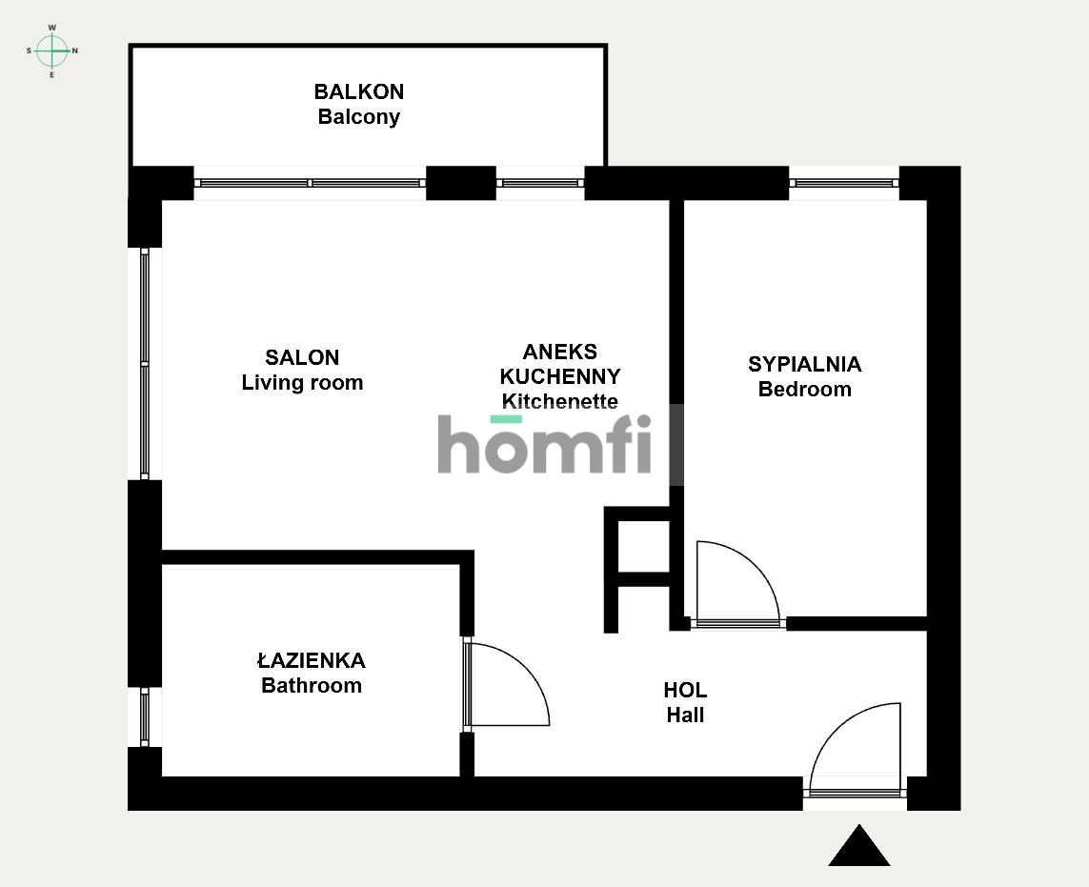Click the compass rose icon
click(x=51, y=50)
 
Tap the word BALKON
click(x=359, y=92)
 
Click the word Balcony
click(x=359, y=117)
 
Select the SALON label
click(x=302, y=358)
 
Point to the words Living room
click(x=302, y=383)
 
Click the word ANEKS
click(x=560, y=352)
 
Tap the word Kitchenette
click(x=560, y=401)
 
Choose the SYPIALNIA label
click(x=804, y=364)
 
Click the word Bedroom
click(x=804, y=389)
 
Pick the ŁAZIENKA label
click(x=312, y=660)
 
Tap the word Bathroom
click(x=312, y=685)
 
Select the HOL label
click(x=685, y=691)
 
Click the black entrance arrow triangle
click(x=859, y=847)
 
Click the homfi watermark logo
click(x=546, y=445)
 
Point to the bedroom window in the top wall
click(x=843, y=182)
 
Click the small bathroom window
click(x=145, y=716)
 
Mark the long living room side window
click(x=145, y=363)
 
